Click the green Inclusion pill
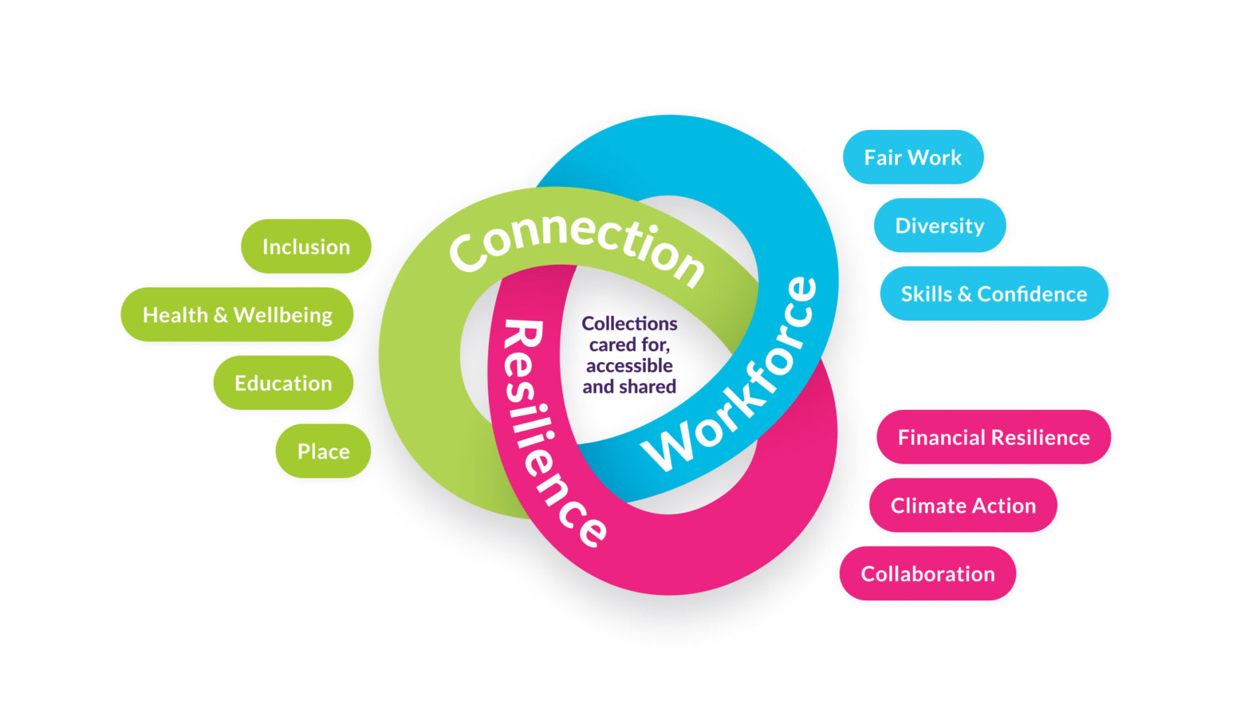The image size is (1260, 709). [x=306, y=247]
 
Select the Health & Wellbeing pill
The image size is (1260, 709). [x=237, y=315]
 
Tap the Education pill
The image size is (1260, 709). [x=283, y=383]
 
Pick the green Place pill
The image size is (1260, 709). [x=323, y=451]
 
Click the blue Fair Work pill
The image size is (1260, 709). [x=912, y=157]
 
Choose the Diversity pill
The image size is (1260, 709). [x=939, y=226]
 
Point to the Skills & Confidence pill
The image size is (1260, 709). [x=994, y=294]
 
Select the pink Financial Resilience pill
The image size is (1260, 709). [x=993, y=437]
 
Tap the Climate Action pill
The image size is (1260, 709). [x=963, y=506]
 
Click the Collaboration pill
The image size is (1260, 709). [x=927, y=574]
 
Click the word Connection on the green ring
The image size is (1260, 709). [x=577, y=246]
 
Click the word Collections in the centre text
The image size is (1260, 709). [x=629, y=324]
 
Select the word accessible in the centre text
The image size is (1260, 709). [x=629, y=366]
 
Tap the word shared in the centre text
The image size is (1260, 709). [x=647, y=387]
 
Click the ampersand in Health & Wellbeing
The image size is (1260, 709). [x=220, y=315]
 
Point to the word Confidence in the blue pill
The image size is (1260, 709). [x=1032, y=294]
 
